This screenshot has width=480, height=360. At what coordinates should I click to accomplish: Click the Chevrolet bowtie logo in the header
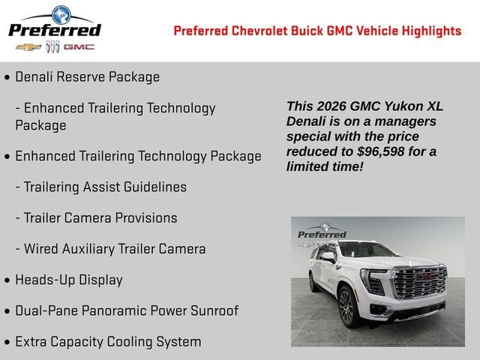[x=28, y=47]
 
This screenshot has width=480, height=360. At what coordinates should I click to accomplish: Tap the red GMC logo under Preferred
[x=79, y=47]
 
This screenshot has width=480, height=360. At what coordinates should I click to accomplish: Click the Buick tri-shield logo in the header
[x=52, y=47]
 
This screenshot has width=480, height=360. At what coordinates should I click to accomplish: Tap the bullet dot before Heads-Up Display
[x=7, y=280]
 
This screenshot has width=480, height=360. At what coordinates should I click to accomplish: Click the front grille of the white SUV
[x=420, y=286]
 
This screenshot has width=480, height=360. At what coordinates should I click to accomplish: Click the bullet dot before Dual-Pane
[x=7, y=311]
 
